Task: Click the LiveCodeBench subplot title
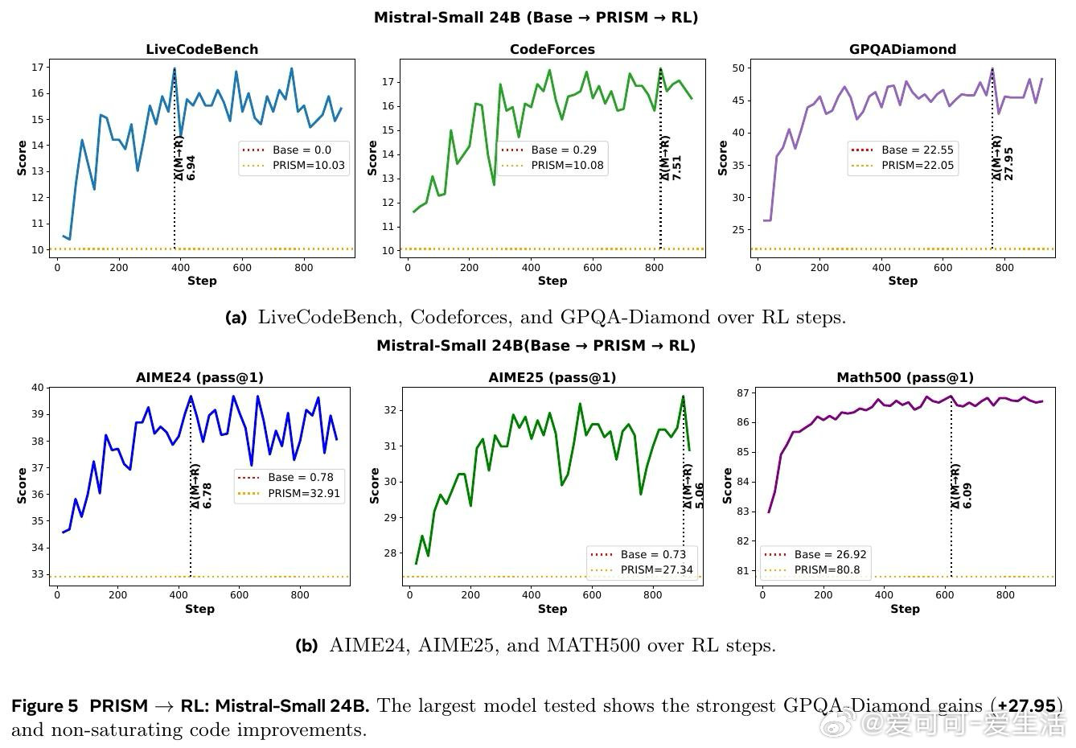pyautogui.click(x=202, y=49)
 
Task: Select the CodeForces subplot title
pyautogui.click(x=552, y=49)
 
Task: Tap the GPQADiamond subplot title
pyautogui.click(x=902, y=49)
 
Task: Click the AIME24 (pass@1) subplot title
pyautogui.click(x=199, y=377)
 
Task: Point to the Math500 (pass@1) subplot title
pyautogui.click(x=905, y=377)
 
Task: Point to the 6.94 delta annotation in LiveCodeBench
pyautogui.click(x=191, y=167)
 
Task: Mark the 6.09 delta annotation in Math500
pyautogui.click(x=967, y=495)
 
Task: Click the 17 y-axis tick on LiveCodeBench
pyautogui.click(x=37, y=67)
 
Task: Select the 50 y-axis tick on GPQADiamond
pyautogui.click(x=738, y=68)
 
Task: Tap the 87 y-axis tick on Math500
pyautogui.click(x=742, y=393)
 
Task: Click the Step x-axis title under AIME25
pyautogui.click(x=552, y=609)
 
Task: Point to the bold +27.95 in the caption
pyautogui.click(x=1026, y=706)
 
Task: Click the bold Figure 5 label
pyautogui.click(x=45, y=706)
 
